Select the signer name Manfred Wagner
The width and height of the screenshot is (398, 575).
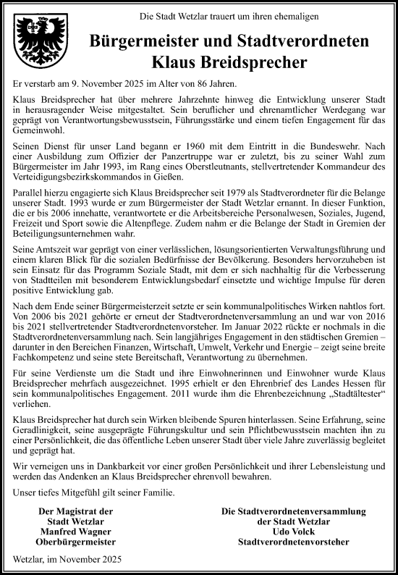click(x=75, y=531)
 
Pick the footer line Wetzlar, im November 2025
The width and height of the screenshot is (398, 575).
click(x=68, y=559)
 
